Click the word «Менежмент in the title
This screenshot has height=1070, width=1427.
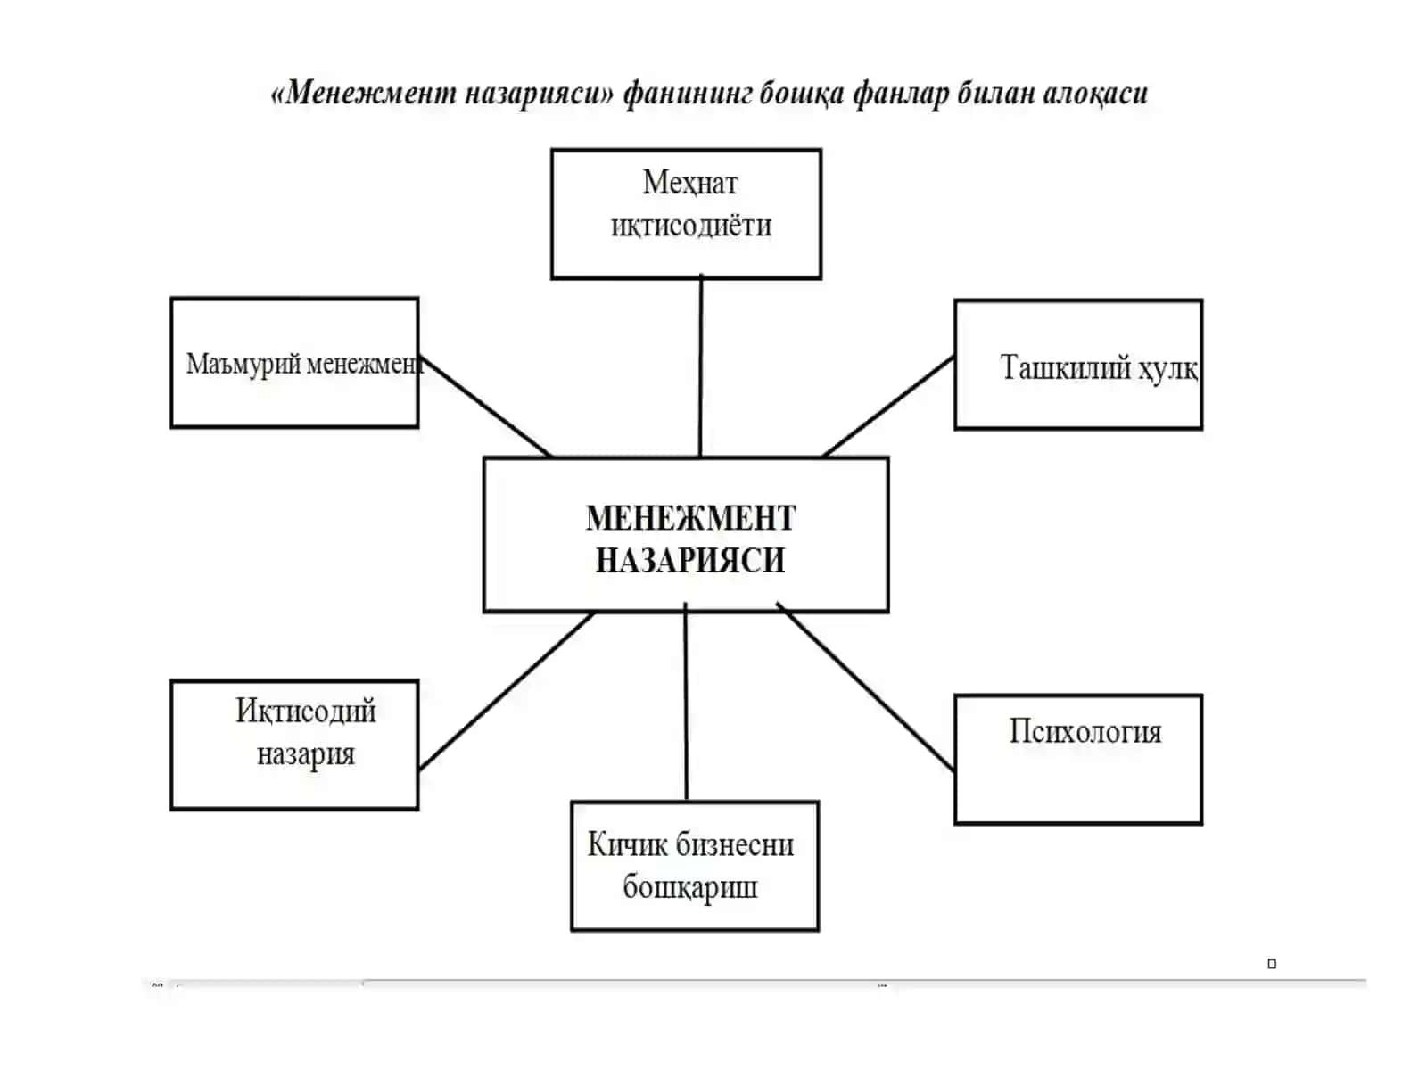[363, 93]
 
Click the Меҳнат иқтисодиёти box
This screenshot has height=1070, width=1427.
[686, 214]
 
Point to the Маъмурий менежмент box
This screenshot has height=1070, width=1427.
[294, 363]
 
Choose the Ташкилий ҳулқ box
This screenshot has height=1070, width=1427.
[1078, 365]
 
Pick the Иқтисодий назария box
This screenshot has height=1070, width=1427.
[294, 745]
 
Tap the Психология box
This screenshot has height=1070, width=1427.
[1078, 760]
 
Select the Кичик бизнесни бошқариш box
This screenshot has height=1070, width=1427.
[694, 866]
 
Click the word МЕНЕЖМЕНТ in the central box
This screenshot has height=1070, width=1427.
[690, 518]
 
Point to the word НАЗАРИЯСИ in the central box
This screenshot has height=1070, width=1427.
[690, 560]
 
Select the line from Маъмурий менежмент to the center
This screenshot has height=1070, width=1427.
[485, 406]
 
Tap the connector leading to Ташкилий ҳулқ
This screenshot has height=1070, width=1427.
[888, 407]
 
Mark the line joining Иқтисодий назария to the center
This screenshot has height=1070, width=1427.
[506, 691]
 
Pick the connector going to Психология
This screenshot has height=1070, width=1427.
[865, 687]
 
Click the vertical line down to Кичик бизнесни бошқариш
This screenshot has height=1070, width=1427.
[686, 702]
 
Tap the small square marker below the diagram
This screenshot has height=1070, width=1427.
[1272, 964]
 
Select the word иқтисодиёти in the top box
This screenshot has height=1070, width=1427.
[691, 226]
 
